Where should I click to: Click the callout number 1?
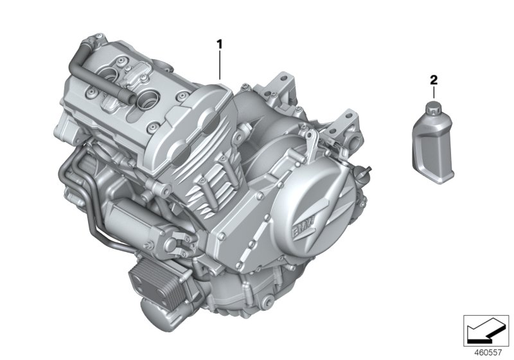tap(219, 44)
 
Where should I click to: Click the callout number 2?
tap(433, 80)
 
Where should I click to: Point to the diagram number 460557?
tap(488, 352)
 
